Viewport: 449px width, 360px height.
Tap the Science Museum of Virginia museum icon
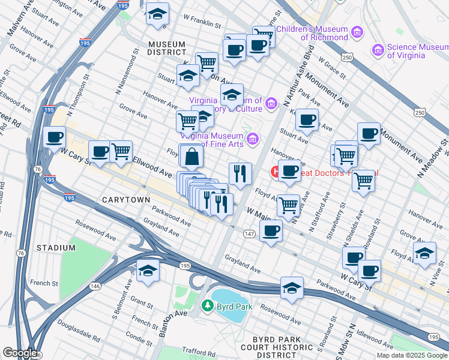point(378,49)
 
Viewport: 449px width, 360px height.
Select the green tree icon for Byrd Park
point(208,306)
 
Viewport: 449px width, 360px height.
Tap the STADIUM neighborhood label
point(52,247)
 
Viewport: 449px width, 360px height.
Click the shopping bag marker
point(191,157)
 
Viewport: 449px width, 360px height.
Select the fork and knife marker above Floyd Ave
point(240,174)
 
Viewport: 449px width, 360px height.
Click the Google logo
point(20,353)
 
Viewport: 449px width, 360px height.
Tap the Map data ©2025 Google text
point(412,355)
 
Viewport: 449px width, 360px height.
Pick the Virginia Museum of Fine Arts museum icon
point(253,139)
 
